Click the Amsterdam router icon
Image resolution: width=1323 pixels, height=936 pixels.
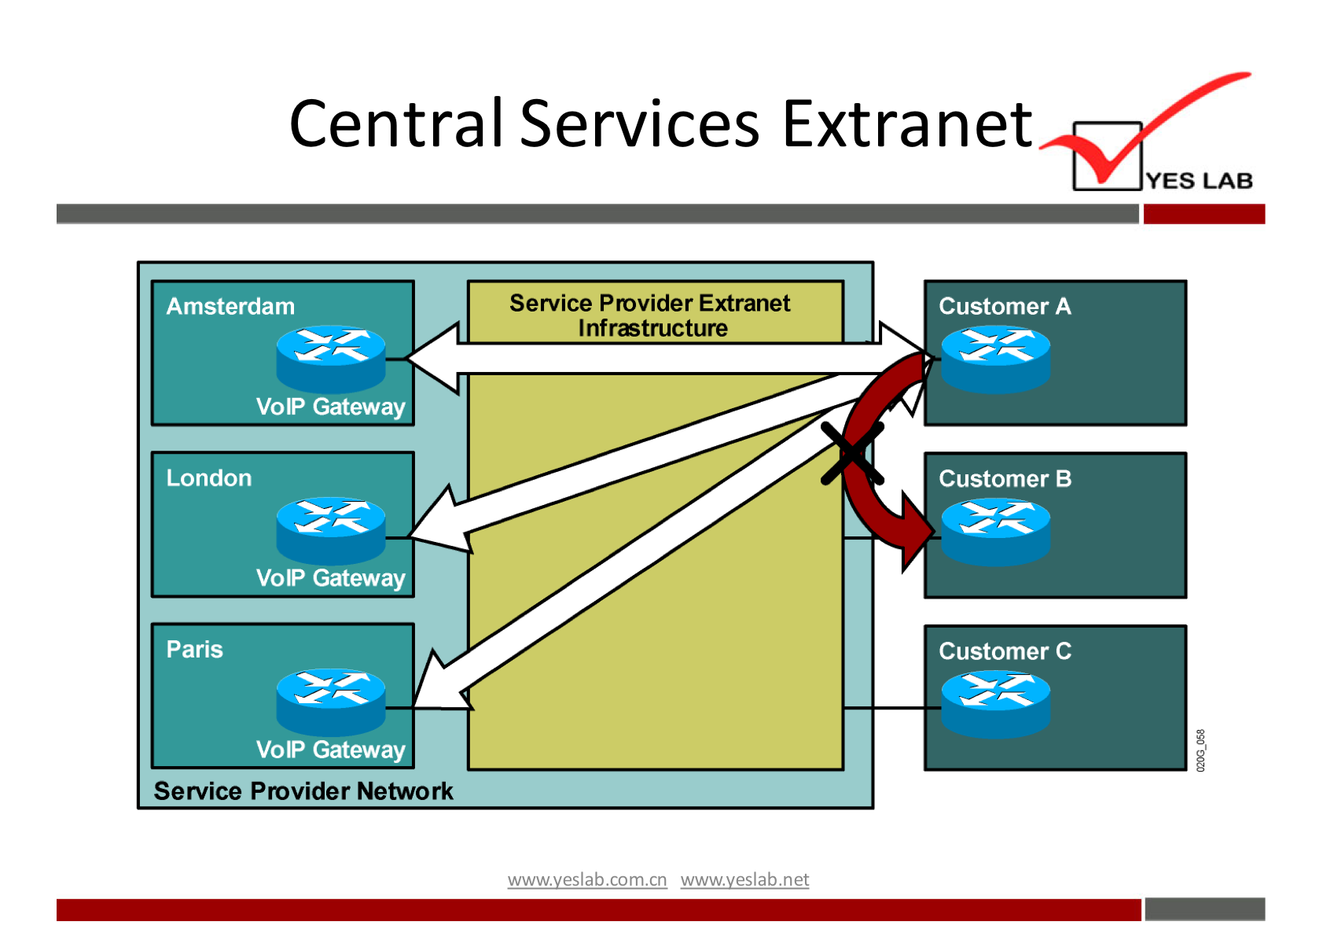point(331,358)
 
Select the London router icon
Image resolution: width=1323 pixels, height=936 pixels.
point(331,529)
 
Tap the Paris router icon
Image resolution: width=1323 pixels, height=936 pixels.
point(331,702)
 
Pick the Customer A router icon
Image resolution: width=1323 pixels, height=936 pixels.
point(995,359)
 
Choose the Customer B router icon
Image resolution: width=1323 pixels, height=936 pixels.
point(995,532)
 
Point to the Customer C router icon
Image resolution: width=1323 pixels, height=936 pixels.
point(995,703)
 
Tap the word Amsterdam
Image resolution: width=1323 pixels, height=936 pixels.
point(230,306)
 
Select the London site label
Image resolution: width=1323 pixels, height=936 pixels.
point(209,477)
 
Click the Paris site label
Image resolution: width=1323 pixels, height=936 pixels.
point(195,650)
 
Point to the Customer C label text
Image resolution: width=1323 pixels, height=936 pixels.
point(1005,651)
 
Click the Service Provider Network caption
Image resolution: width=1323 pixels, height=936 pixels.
point(303,790)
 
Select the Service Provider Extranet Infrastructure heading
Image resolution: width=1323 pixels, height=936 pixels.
point(650,315)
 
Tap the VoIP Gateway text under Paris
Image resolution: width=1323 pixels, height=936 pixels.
point(330,750)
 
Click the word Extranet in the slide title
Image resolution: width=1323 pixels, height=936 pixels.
point(906,123)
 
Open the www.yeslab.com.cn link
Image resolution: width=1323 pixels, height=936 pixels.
point(587,879)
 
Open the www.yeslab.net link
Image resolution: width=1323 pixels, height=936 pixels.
point(744,879)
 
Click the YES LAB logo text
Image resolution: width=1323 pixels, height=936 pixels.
point(1199,181)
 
